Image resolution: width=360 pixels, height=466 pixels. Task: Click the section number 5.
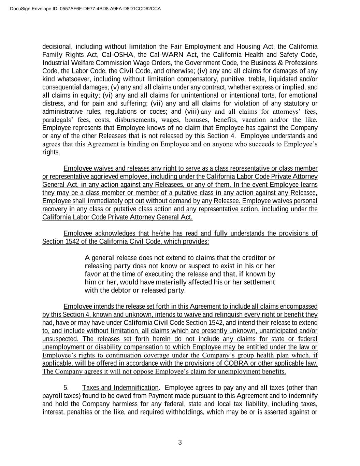tap(66, 388)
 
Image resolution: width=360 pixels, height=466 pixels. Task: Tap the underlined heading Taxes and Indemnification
tap(120, 388)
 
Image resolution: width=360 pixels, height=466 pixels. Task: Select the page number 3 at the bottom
tap(180, 443)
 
